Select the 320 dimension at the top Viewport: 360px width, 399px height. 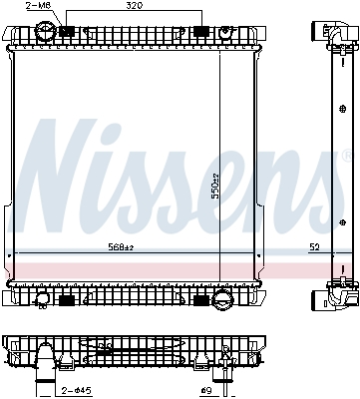134,6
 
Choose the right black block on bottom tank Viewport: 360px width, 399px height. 199,297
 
